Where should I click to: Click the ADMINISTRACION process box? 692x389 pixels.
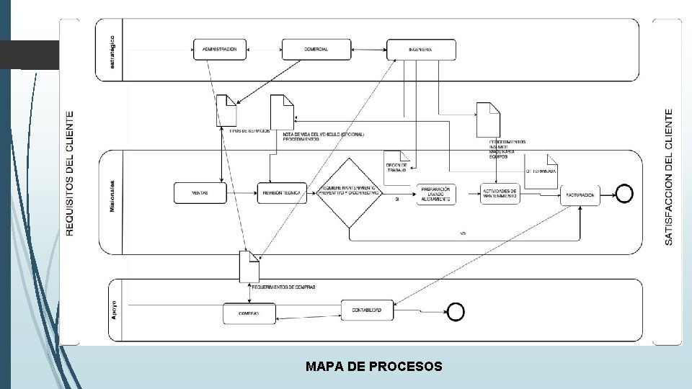[220, 49]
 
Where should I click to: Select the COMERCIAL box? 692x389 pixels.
[316, 49]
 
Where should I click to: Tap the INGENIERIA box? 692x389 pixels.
[421, 50]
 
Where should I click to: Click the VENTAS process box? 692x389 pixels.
[200, 193]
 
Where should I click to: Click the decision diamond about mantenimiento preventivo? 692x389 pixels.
[350, 193]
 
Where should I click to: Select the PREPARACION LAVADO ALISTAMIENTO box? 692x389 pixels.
[436, 194]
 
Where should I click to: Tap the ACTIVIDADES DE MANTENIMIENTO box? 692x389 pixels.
[500, 194]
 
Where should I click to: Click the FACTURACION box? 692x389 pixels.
[580, 195]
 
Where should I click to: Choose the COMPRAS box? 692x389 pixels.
[249, 314]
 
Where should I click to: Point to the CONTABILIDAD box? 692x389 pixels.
[368, 310]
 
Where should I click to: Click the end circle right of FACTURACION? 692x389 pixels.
[624, 194]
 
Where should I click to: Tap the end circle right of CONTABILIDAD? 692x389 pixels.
[456, 311]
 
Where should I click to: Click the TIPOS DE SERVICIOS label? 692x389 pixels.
[249, 131]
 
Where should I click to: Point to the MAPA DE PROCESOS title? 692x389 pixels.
[373, 367]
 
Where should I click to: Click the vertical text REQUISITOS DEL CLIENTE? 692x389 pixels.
[70, 173]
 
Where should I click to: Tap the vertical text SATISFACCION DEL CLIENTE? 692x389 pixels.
[669, 176]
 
